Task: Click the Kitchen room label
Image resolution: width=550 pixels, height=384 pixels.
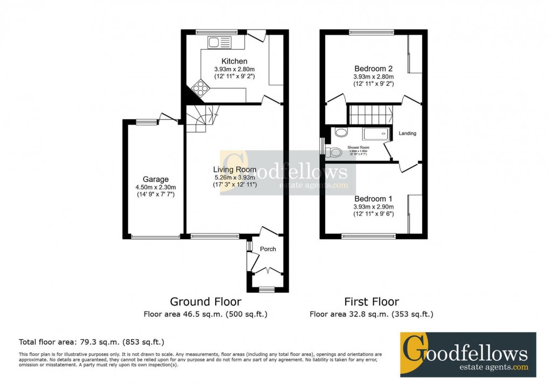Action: click(234, 61)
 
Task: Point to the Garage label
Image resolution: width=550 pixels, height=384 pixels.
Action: click(155, 179)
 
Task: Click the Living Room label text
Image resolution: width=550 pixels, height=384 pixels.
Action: click(234, 170)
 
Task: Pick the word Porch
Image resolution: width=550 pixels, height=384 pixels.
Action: click(268, 249)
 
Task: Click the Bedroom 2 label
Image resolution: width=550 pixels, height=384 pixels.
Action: click(373, 68)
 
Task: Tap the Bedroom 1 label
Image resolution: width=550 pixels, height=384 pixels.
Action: click(373, 199)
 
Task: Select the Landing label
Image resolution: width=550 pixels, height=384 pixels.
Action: click(407, 134)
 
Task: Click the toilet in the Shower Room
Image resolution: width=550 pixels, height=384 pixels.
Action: click(334, 152)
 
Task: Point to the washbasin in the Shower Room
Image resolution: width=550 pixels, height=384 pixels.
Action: click(341, 132)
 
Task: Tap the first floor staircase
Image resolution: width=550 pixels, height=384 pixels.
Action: click(370, 115)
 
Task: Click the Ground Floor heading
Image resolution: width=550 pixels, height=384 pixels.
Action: click(205, 302)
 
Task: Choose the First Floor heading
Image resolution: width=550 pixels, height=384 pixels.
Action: click(372, 302)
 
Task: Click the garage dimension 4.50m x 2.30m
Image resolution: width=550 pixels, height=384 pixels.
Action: click(155, 187)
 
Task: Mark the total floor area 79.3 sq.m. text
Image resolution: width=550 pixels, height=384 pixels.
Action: click(92, 341)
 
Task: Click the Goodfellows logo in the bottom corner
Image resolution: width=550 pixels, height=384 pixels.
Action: click(467, 354)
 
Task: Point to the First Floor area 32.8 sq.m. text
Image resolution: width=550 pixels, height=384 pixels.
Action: click(372, 314)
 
